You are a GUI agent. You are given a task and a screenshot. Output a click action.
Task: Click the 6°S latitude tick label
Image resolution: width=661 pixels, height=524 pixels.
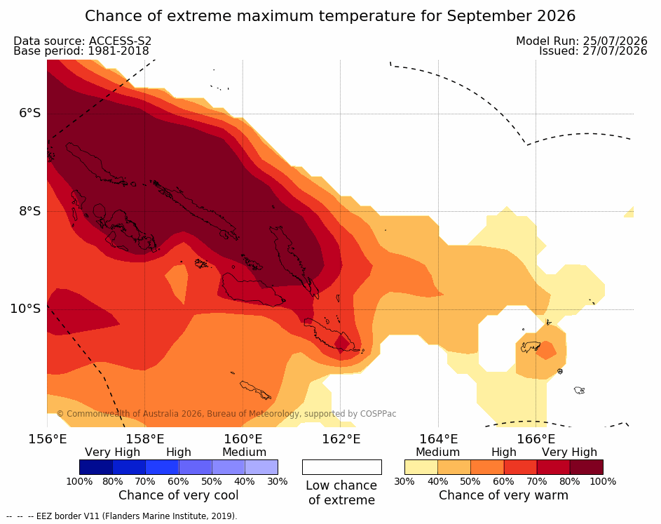(30, 113)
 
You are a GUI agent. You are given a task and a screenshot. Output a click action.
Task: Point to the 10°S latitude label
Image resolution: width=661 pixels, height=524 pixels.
(25, 309)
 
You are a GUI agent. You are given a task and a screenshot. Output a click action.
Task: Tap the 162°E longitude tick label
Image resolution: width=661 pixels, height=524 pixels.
(341, 439)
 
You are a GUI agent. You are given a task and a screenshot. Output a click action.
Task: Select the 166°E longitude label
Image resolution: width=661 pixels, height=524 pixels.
(536, 439)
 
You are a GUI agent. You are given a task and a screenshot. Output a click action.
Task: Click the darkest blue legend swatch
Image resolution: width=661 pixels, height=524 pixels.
(96, 467)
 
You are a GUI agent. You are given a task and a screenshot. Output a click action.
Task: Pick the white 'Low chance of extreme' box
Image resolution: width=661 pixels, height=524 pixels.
(342, 467)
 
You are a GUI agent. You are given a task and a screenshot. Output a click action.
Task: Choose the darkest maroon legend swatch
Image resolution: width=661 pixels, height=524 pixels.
(587, 467)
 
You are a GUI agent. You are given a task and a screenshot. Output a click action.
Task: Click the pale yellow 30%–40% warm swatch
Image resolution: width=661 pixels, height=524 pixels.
(421, 467)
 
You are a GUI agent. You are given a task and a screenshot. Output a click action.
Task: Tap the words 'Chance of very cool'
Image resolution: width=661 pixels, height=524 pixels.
(178, 495)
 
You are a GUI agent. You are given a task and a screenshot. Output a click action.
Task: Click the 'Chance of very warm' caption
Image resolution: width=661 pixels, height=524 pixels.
(503, 495)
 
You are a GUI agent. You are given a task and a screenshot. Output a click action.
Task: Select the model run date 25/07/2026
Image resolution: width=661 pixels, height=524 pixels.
(615, 41)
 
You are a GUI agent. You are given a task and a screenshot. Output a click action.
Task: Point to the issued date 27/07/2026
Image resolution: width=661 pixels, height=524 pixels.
(615, 51)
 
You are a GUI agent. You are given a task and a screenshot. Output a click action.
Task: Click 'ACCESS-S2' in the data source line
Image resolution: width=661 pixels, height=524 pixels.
(120, 41)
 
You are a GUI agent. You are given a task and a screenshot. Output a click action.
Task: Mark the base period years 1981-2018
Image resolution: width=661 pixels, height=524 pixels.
(118, 51)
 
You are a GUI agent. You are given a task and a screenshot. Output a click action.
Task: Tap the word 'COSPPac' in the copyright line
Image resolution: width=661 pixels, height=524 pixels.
(378, 414)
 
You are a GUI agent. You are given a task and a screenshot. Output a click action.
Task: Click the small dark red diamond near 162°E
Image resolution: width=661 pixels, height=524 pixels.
(342, 342)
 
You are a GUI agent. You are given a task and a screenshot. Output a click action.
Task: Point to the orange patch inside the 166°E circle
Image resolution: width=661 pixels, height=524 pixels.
(546, 350)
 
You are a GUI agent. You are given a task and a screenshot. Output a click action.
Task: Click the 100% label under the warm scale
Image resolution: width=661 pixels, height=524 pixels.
(603, 481)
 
